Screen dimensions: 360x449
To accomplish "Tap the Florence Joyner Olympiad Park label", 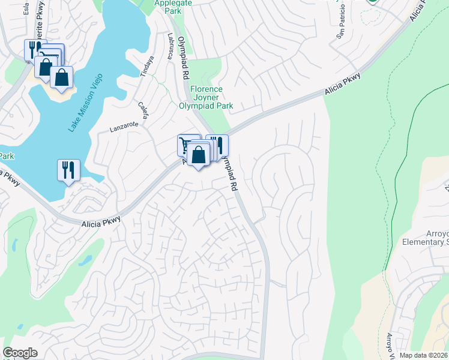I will [206, 97].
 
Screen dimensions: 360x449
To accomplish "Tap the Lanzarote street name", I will [124, 127].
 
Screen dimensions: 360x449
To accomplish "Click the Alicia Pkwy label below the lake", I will [101, 221].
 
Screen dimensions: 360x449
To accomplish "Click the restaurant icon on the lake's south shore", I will [68, 169].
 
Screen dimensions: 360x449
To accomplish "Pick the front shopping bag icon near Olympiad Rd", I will [198, 155].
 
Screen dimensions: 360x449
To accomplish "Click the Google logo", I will [20, 353].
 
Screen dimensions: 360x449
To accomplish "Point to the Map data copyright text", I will [423, 355].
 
